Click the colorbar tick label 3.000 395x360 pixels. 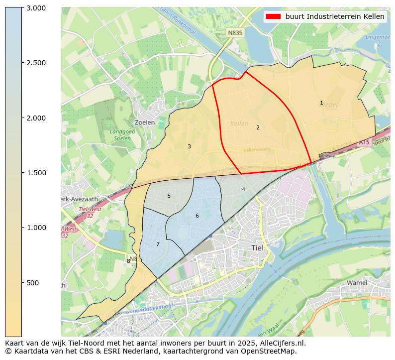(x=36, y=8)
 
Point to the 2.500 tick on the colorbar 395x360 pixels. (x=36, y=63)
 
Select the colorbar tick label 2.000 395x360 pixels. (x=36, y=118)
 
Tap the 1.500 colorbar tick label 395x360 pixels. (x=36, y=173)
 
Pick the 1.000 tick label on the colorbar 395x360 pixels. (x=36, y=228)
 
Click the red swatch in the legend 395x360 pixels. (x=273, y=16)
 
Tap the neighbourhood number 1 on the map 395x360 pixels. (x=321, y=103)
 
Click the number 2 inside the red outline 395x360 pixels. (x=258, y=127)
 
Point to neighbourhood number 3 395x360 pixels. (x=189, y=146)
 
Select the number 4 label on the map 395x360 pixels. (x=243, y=189)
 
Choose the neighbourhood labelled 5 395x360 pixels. (x=169, y=196)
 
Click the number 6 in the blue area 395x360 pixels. (x=197, y=216)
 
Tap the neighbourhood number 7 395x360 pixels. (x=158, y=244)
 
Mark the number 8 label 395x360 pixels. (x=128, y=261)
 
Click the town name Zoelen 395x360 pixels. (x=145, y=122)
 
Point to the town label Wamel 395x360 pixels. (x=357, y=283)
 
